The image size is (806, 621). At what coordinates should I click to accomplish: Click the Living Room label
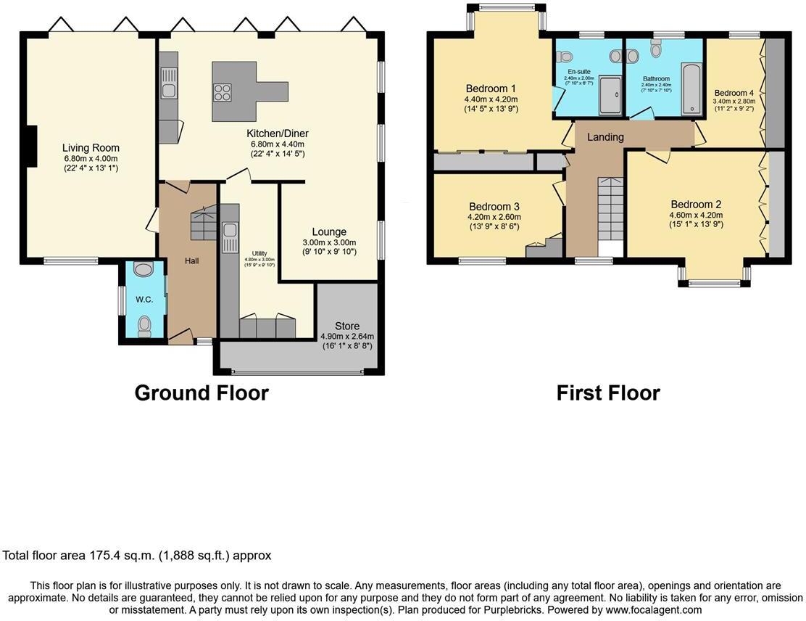[x=90, y=148]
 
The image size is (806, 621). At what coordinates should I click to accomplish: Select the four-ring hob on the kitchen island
[x=221, y=92]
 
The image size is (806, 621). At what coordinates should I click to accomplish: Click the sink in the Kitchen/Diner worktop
[x=168, y=90]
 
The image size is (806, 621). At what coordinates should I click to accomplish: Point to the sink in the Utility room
[x=230, y=231]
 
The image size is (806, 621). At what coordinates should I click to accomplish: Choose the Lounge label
[x=330, y=232]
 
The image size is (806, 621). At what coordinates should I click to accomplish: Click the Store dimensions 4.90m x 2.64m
[x=347, y=336]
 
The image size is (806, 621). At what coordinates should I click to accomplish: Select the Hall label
[x=191, y=260]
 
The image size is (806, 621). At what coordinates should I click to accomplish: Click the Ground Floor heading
[x=201, y=393]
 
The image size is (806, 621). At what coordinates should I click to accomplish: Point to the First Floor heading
[x=607, y=393]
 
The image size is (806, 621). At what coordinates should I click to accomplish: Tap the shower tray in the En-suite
[x=611, y=96]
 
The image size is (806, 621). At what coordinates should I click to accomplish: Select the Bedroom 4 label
[x=734, y=93]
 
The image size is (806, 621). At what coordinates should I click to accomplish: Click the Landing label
[x=605, y=137]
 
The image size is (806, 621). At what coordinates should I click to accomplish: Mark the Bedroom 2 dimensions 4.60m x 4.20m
[x=695, y=215]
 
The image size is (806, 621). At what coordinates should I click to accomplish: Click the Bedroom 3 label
[x=494, y=206]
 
